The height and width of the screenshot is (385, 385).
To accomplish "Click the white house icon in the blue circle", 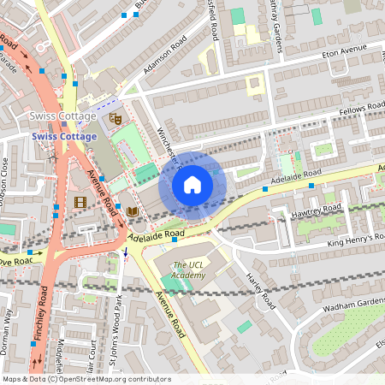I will [192, 184].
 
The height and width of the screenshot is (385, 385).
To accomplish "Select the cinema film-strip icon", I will [80, 202].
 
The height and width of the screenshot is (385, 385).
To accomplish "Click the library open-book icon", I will [132, 211].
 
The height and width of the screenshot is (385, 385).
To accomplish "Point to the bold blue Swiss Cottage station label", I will [64, 136].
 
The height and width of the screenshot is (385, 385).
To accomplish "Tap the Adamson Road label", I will [164, 56].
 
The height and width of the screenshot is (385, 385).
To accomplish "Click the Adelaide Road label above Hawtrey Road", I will [295, 177].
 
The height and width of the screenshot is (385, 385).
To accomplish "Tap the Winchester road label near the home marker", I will [167, 145].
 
